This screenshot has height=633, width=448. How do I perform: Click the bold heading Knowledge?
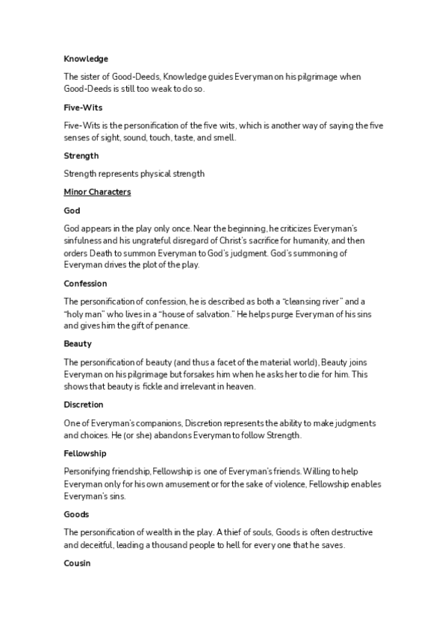(x=86, y=58)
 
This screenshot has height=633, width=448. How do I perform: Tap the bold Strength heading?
(x=81, y=155)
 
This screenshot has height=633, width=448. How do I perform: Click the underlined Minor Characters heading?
(x=97, y=192)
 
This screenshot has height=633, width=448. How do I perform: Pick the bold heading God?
(x=72, y=211)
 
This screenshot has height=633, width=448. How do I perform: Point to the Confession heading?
(x=85, y=284)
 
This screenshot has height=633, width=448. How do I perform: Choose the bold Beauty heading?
(x=78, y=344)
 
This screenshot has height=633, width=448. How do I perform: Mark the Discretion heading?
(x=85, y=405)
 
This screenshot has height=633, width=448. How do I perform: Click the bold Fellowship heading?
(x=85, y=453)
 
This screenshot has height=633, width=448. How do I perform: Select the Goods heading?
(x=76, y=514)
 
